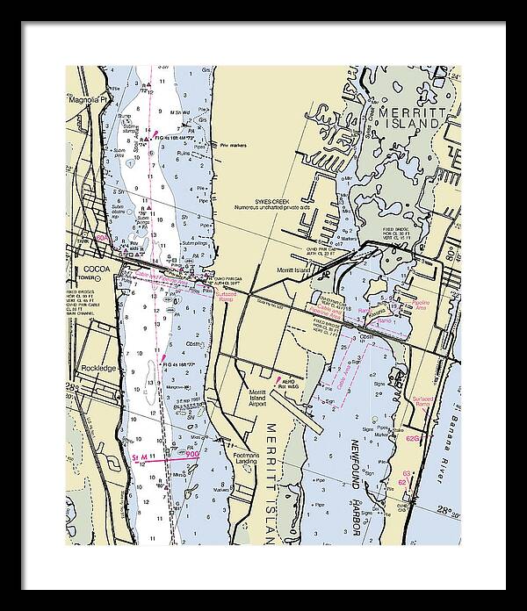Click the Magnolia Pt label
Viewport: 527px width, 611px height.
[86, 100]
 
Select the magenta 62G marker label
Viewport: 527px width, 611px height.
[414, 437]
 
